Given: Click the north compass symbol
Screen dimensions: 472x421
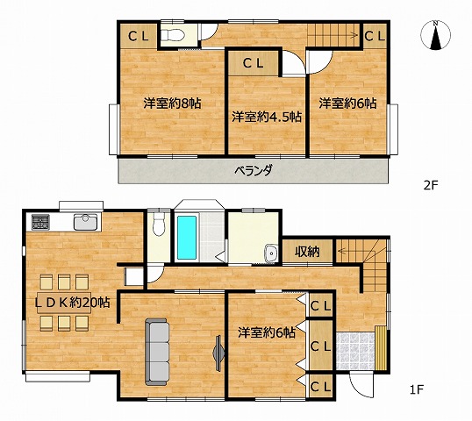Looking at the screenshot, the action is point(435,35).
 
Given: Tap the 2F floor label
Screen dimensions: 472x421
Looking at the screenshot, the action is point(430,185).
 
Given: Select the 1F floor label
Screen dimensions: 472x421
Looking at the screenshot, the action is point(417,389).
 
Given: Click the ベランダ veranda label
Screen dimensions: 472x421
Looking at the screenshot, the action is point(254,171).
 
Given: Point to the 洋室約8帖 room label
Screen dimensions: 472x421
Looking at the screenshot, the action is point(172,103).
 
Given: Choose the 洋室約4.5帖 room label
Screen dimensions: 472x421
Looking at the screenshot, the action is point(267,117).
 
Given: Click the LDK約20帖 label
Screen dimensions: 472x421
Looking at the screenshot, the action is point(72,303).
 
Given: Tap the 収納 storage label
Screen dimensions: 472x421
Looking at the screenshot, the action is point(307,252).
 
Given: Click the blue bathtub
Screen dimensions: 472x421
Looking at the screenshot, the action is point(187,237).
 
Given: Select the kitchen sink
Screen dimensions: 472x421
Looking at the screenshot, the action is point(86,222).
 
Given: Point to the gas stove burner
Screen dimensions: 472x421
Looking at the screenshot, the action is point(40,223).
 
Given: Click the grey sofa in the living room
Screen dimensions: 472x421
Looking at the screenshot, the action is point(157,352).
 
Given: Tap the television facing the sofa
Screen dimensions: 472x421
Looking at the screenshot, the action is point(218,353).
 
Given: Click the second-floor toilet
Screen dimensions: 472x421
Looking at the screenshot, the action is point(172,35).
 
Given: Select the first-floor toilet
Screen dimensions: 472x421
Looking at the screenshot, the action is point(159,225).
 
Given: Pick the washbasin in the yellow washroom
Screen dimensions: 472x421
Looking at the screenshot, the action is point(270,253).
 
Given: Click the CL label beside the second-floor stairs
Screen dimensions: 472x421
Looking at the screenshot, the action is point(375,37).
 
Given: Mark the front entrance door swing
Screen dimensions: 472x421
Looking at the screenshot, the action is point(361,386).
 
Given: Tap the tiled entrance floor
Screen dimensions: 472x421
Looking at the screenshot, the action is point(355,351).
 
